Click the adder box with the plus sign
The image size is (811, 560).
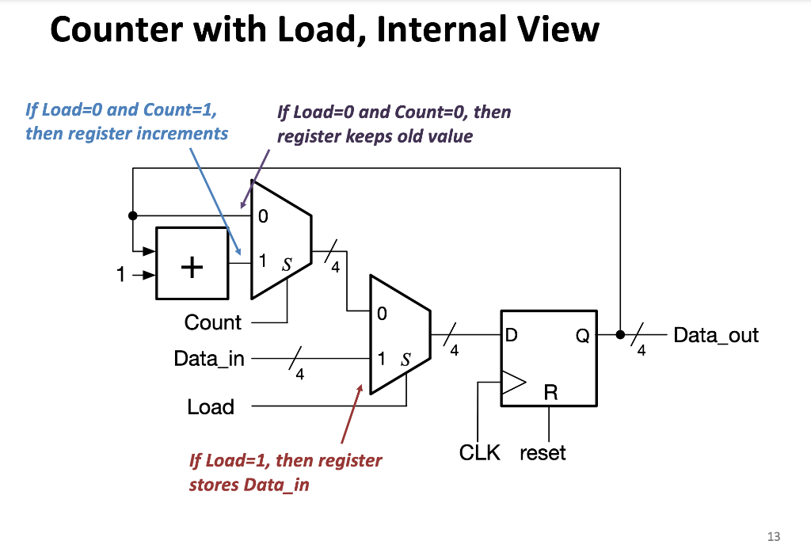click(192, 264)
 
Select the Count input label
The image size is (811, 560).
click(212, 322)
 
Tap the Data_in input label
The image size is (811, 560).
click(209, 359)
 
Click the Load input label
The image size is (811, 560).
click(211, 407)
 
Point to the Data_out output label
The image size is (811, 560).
click(715, 335)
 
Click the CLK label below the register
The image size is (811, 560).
click(479, 453)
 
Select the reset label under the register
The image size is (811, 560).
click(543, 453)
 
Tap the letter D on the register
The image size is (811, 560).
click(512, 336)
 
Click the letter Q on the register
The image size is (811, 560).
click(582, 336)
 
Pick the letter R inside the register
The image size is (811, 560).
click(550, 390)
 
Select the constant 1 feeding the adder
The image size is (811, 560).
click(120, 276)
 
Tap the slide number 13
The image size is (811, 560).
click(773, 536)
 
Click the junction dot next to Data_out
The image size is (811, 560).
click(620, 334)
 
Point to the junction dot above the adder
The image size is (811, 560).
click(133, 214)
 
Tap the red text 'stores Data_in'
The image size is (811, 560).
click(249, 484)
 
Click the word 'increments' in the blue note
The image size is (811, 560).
click(182, 133)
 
